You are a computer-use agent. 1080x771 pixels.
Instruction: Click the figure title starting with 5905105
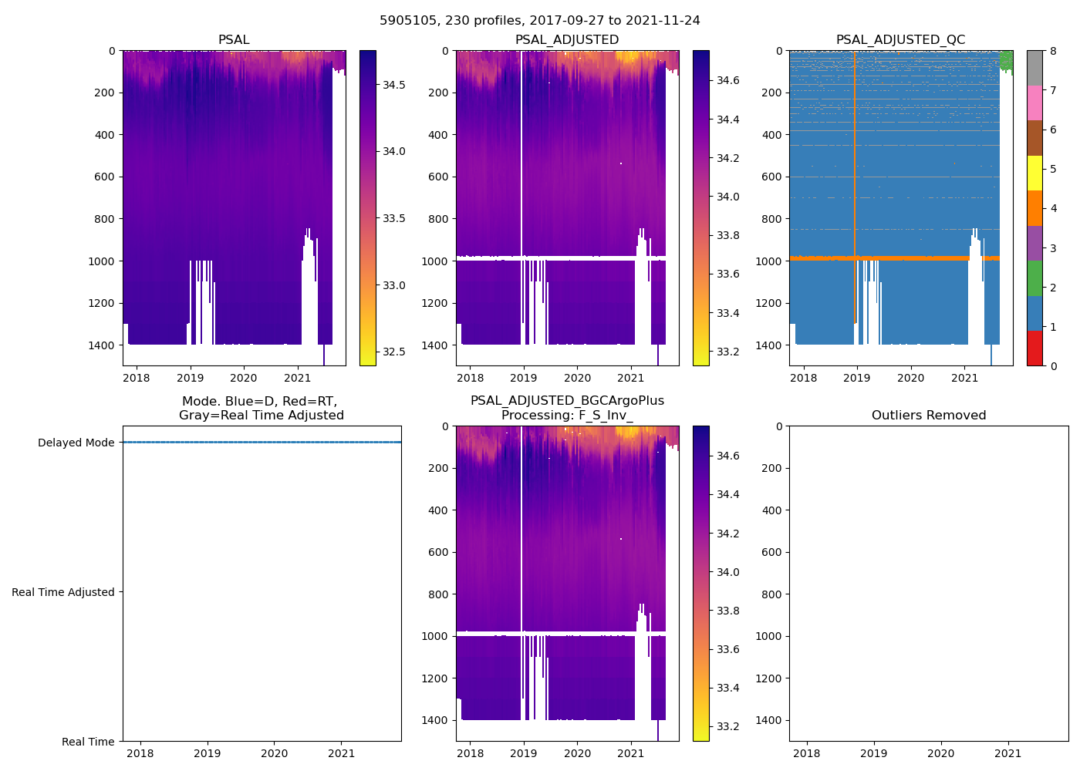tap(539, 21)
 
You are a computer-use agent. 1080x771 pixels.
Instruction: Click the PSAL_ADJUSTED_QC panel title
tap(900, 40)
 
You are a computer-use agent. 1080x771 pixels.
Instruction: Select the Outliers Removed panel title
tap(928, 416)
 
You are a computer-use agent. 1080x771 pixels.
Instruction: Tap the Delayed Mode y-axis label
tap(76, 443)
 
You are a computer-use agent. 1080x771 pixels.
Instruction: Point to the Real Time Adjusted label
tap(63, 592)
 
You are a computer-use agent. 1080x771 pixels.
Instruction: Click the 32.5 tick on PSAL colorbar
tap(395, 352)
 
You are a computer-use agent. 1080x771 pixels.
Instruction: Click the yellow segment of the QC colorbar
tap(1034, 173)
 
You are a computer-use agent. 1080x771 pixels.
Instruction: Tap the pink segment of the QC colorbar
tap(1034, 103)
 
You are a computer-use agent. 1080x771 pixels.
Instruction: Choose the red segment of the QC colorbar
tap(1034, 348)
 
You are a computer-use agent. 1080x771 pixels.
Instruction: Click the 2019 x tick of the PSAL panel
tap(190, 378)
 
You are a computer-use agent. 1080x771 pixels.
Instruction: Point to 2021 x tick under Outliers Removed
tap(1007, 753)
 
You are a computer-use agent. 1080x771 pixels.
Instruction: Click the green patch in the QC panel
tap(1005, 59)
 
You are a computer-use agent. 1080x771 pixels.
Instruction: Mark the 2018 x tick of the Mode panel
tap(140, 753)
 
